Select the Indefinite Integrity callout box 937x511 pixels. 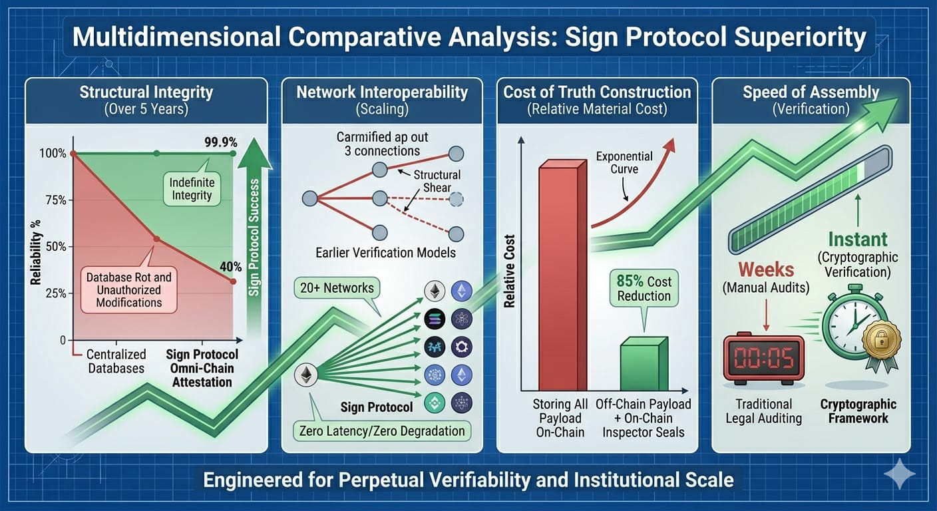(x=191, y=188)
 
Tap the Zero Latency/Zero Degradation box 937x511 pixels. (x=381, y=431)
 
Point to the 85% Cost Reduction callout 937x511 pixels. (x=644, y=288)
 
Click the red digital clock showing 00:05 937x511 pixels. (x=763, y=359)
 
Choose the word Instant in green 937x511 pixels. (x=858, y=239)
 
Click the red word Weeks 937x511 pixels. (x=767, y=270)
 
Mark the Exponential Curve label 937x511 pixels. (x=624, y=163)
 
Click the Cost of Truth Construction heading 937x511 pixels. (x=597, y=92)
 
